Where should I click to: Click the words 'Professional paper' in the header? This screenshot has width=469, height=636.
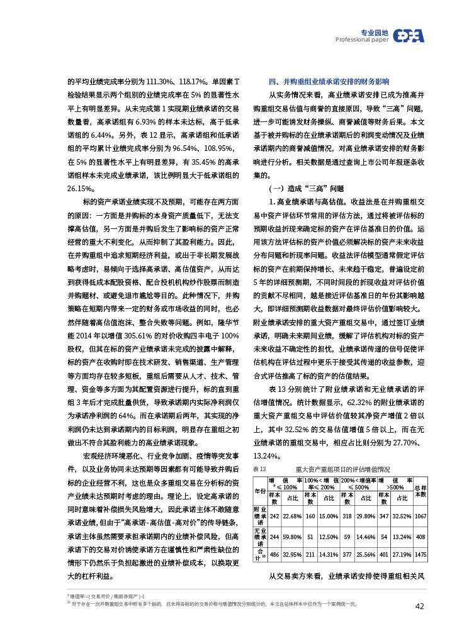coord(361,40)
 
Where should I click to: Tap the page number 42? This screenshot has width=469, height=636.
coord(419,606)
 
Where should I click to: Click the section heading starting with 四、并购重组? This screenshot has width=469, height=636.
coord(329,82)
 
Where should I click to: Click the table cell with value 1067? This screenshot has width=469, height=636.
coord(421,516)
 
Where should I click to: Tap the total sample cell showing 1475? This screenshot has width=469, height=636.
coord(421,555)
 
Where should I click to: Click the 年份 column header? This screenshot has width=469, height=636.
coord(259,490)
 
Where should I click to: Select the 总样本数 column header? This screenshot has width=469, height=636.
coord(421,490)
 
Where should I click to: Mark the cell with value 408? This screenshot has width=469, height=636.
coord(421,537)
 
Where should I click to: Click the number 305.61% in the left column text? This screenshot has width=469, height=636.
coord(144,337)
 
